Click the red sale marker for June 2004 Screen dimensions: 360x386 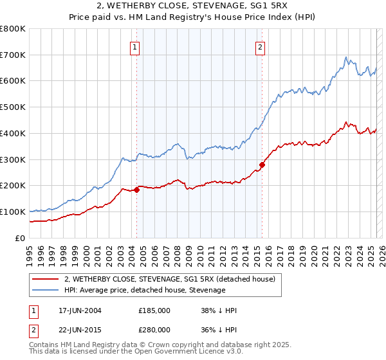pos(137,190)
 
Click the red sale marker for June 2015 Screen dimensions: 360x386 pos(262,165)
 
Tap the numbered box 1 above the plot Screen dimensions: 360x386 pos(135,46)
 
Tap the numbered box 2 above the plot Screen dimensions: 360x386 pos(260,46)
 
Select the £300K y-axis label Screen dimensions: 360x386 pos(14,159)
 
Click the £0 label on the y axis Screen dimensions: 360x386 pos(21,238)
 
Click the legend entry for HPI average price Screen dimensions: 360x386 pos(145,291)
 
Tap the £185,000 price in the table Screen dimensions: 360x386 pos(154,310)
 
